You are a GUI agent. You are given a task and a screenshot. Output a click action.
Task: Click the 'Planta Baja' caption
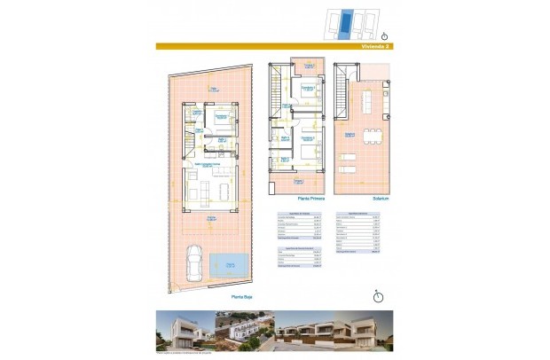pyautogui.click(x=241, y=298)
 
